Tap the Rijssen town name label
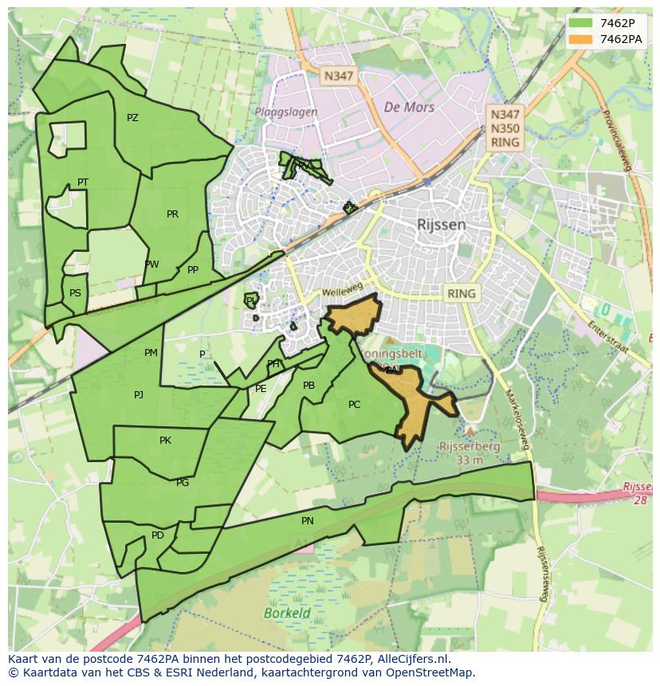(441, 225)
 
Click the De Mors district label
(409, 107)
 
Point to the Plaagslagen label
(286, 112)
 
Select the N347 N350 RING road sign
(505, 129)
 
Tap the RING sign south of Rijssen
(461, 293)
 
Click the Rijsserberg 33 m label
(469, 453)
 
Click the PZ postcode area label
(132, 118)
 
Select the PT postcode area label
(83, 182)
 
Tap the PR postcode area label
(172, 214)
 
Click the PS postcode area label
(75, 293)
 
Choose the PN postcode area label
(308, 521)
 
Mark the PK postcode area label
(165, 441)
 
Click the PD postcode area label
(158, 535)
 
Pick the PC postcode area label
(354, 405)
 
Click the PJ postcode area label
(139, 394)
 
